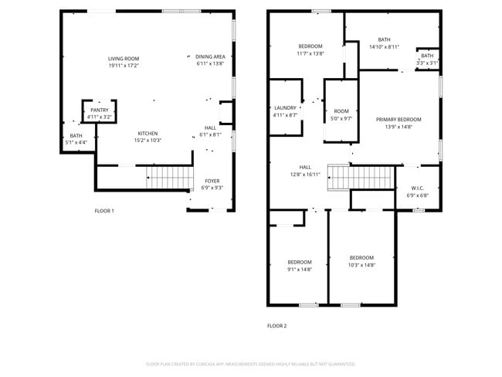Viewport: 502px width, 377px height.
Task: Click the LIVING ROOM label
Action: click(124, 59)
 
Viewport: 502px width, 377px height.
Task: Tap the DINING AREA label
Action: click(210, 56)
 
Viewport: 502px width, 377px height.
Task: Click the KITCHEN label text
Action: click(148, 134)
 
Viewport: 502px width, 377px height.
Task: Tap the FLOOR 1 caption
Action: click(104, 211)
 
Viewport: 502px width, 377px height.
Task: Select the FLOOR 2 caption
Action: click(276, 326)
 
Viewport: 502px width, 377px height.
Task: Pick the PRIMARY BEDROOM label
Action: click(399, 119)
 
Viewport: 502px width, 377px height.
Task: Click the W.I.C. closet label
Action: click(417, 188)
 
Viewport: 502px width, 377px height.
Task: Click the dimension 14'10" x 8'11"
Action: click(384, 47)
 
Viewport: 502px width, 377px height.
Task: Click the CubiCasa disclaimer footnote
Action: click(250, 363)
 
